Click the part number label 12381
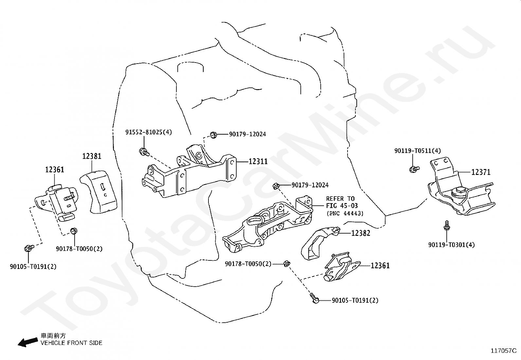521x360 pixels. [x=92, y=156]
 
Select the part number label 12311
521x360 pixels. [x=258, y=161]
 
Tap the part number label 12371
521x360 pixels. [x=481, y=172]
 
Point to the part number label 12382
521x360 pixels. [x=361, y=233]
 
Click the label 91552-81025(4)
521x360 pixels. [x=149, y=132]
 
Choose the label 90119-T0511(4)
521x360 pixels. [x=418, y=151]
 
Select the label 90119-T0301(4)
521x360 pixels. [x=451, y=245]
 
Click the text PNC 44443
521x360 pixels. [x=345, y=213]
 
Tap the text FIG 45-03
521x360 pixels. [x=342, y=206]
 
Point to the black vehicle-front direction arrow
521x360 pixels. [x=28, y=342]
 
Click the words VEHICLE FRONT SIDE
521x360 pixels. [x=71, y=343]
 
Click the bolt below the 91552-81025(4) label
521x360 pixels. [x=144, y=152]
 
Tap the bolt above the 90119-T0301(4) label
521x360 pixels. [x=447, y=225]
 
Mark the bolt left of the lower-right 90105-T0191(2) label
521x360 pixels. [x=314, y=298]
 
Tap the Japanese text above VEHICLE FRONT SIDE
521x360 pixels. [x=53, y=335]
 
